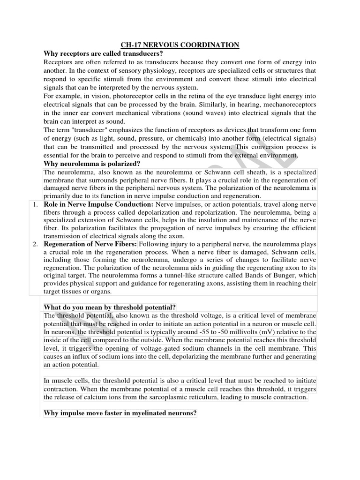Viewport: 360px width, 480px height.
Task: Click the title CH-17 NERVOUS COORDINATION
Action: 180,45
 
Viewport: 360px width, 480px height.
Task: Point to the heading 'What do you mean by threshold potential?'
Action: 109,307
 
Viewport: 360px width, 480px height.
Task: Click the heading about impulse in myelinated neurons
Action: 120,413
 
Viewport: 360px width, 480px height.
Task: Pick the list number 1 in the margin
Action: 34,205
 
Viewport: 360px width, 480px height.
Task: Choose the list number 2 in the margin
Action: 34,245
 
